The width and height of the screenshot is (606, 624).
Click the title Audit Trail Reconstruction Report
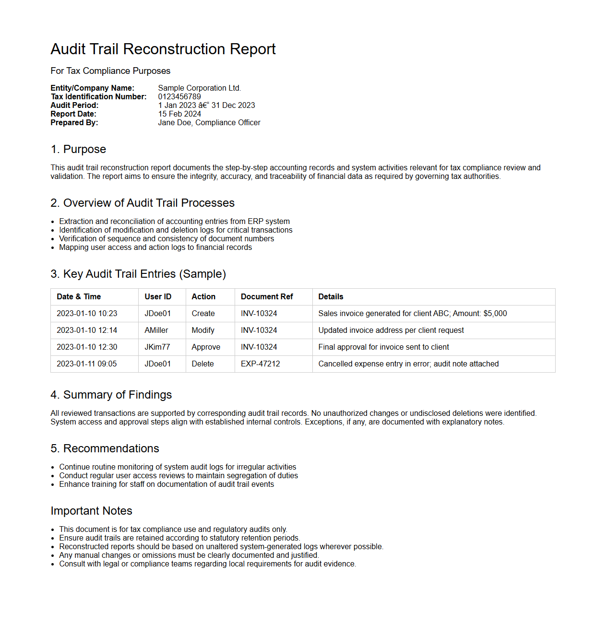pyautogui.click(x=163, y=49)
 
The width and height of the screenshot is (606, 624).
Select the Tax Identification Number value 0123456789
pyautogui.click(x=179, y=96)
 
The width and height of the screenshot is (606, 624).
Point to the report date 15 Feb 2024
pyautogui.click(x=179, y=114)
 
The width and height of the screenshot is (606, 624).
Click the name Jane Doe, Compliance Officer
pyautogui.click(x=209, y=122)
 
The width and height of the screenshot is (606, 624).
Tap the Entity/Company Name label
pyautogui.click(x=93, y=88)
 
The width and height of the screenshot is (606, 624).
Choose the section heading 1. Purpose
pyautogui.click(x=78, y=149)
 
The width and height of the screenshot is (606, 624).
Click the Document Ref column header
pyautogui.click(x=267, y=296)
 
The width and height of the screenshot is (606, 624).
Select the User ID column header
pyautogui.click(x=158, y=296)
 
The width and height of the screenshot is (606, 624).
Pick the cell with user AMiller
pyautogui.click(x=156, y=330)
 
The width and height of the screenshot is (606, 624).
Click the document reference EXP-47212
pyautogui.click(x=261, y=364)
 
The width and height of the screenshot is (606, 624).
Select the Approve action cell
pyautogui.click(x=206, y=347)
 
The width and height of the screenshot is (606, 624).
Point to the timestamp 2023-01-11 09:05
pyautogui.click(x=87, y=364)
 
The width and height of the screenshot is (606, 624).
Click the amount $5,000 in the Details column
pyautogui.click(x=495, y=313)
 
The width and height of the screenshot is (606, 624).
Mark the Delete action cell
pyautogui.click(x=203, y=364)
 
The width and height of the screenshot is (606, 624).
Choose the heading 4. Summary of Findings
pyautogui.click(x=111, y=395)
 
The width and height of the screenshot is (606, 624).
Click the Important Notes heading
pyautogui.click(x=92, y=511)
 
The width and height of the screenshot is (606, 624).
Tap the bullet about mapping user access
pyautogui.click(x=155, y=247)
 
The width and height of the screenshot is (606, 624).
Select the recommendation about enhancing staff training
pyautogui.click(x=166, y=484)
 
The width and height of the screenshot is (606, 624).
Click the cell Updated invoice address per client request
pyautogui.click(x=391, y=330)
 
